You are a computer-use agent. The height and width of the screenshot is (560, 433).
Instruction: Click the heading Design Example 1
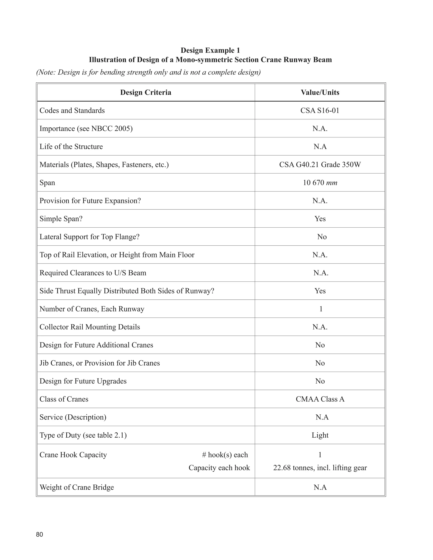[210, 50]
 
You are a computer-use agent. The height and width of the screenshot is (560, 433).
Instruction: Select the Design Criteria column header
[146, 92]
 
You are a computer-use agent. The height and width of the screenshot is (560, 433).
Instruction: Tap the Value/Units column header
[320, 92]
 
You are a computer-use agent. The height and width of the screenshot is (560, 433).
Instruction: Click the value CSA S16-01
[320, 111]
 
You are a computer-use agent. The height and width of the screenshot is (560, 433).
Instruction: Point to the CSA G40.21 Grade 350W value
[320, 165]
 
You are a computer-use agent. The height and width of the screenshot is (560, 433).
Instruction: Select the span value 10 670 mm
[320, 183]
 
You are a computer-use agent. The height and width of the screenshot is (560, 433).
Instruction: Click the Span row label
[47, 183]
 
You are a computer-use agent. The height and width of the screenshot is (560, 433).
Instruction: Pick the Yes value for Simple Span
[320, 219]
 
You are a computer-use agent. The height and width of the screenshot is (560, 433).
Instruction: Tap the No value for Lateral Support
[322, 237]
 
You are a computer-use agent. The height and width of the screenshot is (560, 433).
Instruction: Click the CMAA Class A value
[320, 399]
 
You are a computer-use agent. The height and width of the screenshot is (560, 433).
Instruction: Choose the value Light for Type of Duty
[320, 435]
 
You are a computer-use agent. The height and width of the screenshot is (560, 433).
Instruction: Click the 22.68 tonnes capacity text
[320, 468]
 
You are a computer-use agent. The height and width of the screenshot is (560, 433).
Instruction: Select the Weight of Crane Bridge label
[77, 487]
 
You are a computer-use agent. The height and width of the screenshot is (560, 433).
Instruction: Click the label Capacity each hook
[219, 468]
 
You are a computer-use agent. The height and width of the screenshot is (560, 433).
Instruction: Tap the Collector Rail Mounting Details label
[90, 327]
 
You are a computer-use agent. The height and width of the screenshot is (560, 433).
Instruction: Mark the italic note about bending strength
[148, 72]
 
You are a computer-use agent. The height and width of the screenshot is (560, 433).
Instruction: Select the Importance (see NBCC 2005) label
[86, 128]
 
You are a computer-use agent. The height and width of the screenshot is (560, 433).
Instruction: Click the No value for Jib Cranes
[320, 363]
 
